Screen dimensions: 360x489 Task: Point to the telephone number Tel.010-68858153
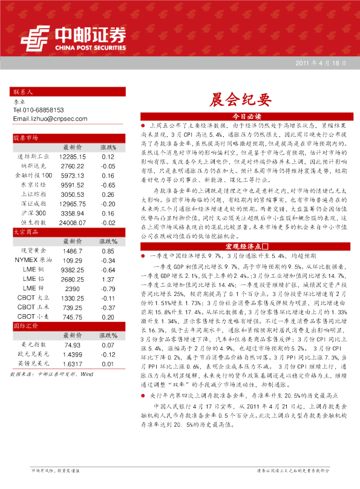pyautogui.click(x=39, y=111)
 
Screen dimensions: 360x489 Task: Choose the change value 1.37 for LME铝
pyautogui.click(x=108, y=280)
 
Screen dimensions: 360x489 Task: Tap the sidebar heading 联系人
pyautogui.click(x=22, y=93)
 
